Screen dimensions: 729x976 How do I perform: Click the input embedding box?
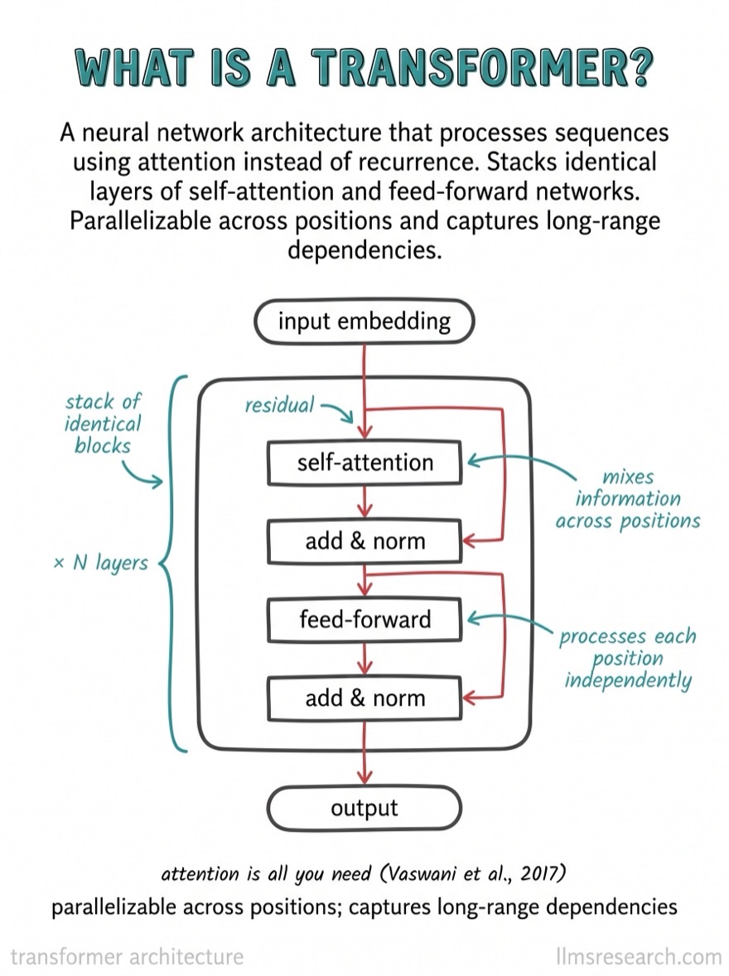click(x=364, y=321)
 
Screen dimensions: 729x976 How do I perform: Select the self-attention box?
click(x=364, y=462)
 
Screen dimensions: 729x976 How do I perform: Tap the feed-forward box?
click(x=364, y=620)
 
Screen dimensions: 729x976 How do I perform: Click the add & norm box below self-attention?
click(x=364, y=541)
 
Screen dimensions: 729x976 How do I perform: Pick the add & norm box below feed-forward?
click(x=364, y=698)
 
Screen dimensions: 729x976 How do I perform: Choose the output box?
click(x=364, y=808)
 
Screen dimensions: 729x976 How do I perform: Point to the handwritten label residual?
click(x=279, y=405)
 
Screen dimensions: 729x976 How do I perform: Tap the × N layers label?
click(x=101, y=563)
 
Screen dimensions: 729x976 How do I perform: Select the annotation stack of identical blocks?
click(x=103, y=423)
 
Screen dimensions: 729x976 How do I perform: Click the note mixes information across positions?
click(x=628, y=499)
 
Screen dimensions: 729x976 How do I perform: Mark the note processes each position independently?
click(x=628, y=659)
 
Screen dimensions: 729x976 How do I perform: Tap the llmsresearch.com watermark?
click(x=639, y=956)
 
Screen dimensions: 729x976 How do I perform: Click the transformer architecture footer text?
click(x=127, y=956)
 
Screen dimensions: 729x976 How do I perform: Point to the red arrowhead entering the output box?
click(x=364, y=777)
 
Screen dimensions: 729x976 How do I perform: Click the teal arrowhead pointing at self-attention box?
click(x=474, y=461)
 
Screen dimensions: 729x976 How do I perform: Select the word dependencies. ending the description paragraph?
click(x=364, y=250)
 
